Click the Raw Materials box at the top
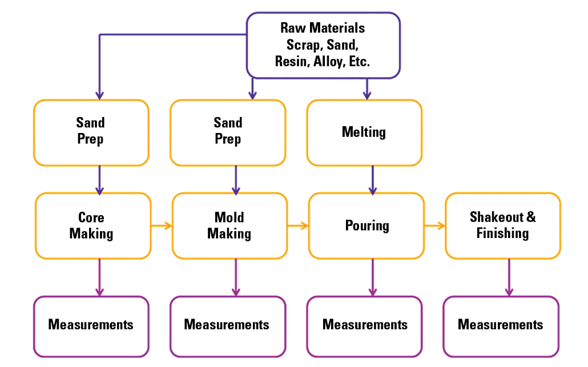point(323,45)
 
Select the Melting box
point(364,132)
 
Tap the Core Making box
point(93,225)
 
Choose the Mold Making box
point(229,225)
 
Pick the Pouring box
point(367,225)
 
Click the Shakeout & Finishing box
point(502,225)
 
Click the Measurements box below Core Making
point(91,325)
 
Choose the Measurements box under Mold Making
point(227,325)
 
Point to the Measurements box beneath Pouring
point(365,325)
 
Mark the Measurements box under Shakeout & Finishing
point(501,325)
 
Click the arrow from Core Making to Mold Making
point(162,226)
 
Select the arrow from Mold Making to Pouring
point(297,226)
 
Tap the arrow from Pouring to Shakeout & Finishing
point(434,226)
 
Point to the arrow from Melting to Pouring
point(373,180)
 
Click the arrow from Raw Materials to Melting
point(367,88)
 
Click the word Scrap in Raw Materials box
point(304,45)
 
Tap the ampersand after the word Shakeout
point(531,217)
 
